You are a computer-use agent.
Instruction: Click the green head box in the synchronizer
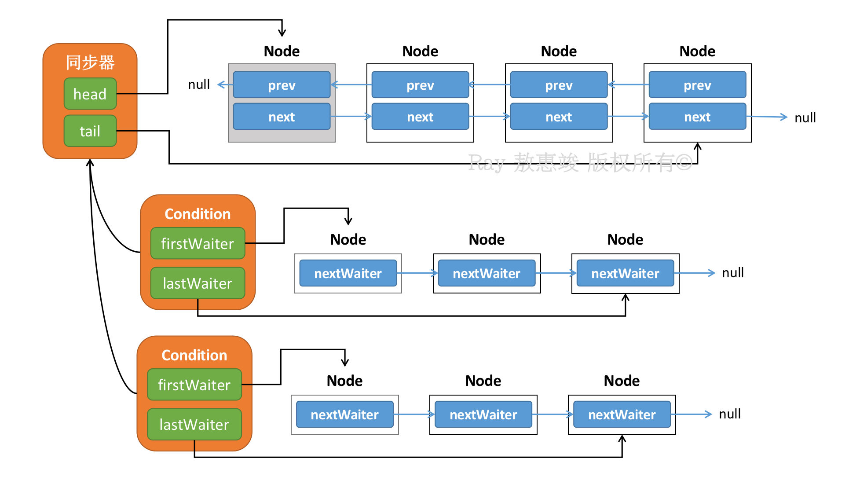[90, 94]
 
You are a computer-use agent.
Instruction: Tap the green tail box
[90, 131]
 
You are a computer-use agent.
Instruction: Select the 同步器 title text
[90, 62]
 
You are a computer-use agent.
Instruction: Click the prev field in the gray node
[282, 84]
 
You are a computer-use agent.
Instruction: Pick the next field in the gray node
[282, 116]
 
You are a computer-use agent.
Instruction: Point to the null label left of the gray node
[199, 84]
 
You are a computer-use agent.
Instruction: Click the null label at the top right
[805, 117]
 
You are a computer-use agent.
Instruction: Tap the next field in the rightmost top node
[697, 116]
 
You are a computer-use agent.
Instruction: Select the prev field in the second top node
[420, 84]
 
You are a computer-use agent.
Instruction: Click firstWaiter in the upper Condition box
[198, 243]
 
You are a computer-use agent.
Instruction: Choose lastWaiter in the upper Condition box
[198, 283]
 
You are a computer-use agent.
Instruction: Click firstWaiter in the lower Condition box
[194, 385]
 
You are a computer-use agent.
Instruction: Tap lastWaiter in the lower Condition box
[194, 424]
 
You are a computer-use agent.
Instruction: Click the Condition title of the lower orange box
[194, 355]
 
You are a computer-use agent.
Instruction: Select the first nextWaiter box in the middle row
[348, 273]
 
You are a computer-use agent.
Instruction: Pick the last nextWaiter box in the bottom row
[622, 414]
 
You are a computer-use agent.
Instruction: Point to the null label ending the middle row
[733, 273]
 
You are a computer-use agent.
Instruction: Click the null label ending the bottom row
[730, 414]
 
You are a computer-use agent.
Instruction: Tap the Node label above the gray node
[282, 51]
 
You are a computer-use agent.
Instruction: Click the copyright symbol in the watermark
[684, 163]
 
